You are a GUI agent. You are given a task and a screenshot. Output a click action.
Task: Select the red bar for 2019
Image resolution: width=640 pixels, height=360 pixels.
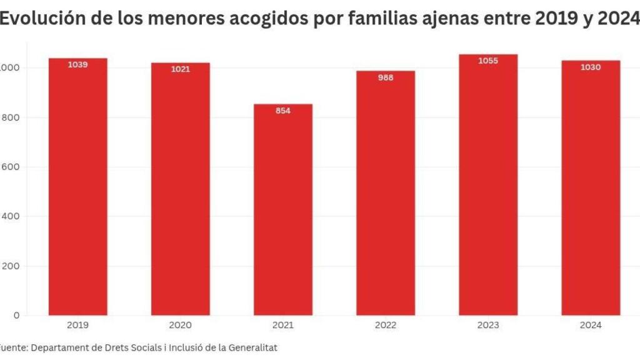point(77,187)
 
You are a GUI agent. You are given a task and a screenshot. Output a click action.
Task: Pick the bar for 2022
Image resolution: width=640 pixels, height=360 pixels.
point(386,194)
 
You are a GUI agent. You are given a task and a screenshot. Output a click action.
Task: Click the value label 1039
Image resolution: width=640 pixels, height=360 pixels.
point(77,64)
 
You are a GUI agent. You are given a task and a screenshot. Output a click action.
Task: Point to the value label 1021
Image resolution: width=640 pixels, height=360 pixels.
point(180,69)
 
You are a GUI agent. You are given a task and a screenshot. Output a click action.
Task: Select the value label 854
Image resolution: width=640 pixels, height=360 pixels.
point(283,111)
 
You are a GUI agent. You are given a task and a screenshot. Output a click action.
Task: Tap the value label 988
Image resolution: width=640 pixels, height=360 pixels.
point(386,77)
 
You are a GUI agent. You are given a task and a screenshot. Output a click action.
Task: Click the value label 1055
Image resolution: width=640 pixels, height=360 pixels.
point(488,61)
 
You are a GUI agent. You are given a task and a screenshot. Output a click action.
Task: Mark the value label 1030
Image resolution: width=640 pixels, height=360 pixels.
point(591,67)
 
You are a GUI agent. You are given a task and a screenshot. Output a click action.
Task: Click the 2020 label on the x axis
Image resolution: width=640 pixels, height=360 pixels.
point(180,325)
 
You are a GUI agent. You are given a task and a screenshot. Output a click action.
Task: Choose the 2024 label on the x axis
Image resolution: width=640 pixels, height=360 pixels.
point(591,325)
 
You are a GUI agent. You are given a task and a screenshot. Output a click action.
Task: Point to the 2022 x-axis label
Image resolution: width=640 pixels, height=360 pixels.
point(386,325)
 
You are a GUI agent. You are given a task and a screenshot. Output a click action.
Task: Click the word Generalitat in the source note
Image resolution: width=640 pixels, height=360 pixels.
point(251,346)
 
